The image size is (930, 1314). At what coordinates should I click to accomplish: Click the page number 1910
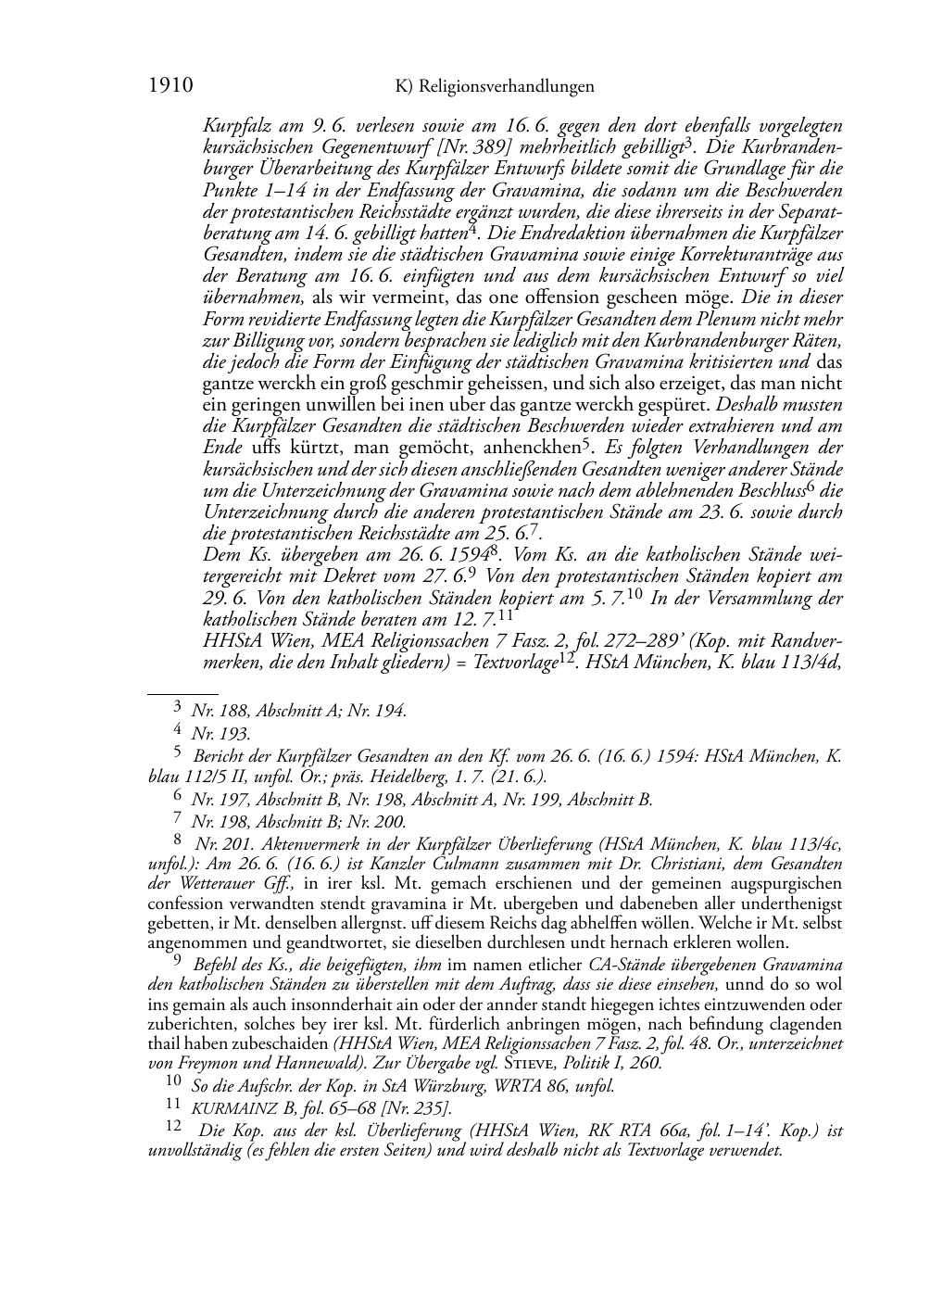170,87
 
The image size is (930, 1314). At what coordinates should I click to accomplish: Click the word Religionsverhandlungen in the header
507,87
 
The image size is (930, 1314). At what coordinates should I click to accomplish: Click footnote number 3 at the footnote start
179,710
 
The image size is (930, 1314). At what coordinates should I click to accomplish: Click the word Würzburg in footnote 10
460,1085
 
